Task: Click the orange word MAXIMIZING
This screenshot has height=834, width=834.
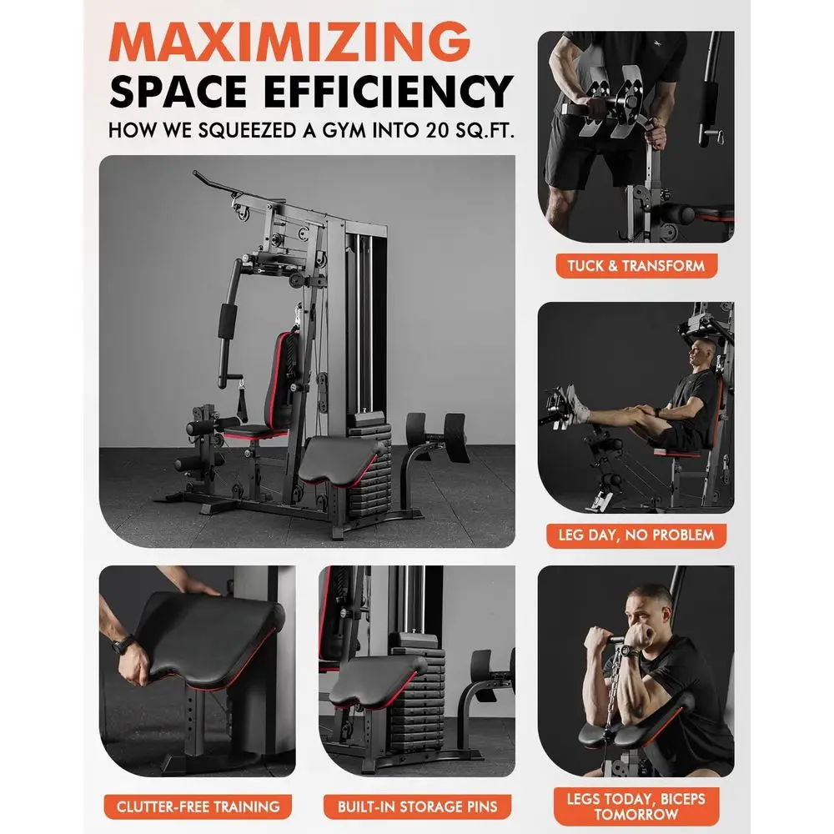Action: [x=290, y=42]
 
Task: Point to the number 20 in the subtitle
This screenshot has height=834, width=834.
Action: [x=437, y=130]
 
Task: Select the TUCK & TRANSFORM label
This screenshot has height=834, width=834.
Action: [x=636, y=265]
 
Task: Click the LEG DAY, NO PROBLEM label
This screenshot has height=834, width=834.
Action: [x=636, y=535]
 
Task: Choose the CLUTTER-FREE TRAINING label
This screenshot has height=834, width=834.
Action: [x=198, y=806]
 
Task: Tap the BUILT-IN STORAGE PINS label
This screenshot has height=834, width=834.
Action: [x=418, y=806]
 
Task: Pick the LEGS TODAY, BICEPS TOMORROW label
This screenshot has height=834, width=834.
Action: [x=636, y=806]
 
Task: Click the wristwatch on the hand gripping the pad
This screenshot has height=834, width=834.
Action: [x=123, y=645]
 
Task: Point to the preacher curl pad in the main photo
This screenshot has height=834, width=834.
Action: [x=340, y=460]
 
